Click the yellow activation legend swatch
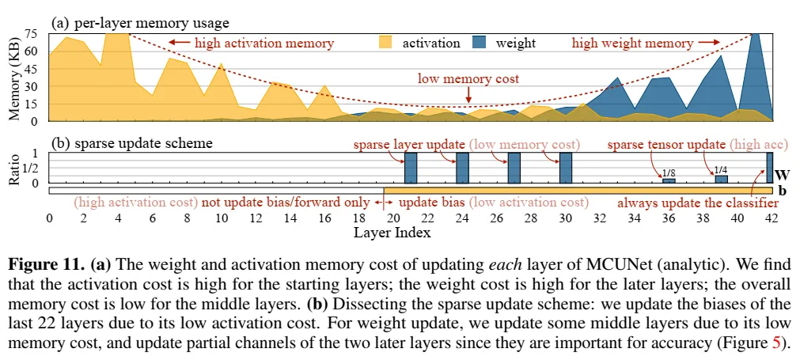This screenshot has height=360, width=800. pos(386,42)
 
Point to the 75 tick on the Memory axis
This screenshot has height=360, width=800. pos(32,33)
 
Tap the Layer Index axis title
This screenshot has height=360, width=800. pos(392,233)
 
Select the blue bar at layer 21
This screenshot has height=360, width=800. pos(411,168)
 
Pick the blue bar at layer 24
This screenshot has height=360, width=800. pos(462,168)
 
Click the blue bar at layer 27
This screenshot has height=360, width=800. pos(514,168)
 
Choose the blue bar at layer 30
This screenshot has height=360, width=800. pos(566,168)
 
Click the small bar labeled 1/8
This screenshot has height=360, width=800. pos(669,181)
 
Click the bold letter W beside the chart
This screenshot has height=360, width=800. pos(781,175)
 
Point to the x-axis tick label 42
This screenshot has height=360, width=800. pos(772,218)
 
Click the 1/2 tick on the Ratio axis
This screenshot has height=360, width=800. pos(30,168)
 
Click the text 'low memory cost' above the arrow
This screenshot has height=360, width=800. pos(468,78)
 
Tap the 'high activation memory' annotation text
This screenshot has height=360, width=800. pos(264,43)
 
